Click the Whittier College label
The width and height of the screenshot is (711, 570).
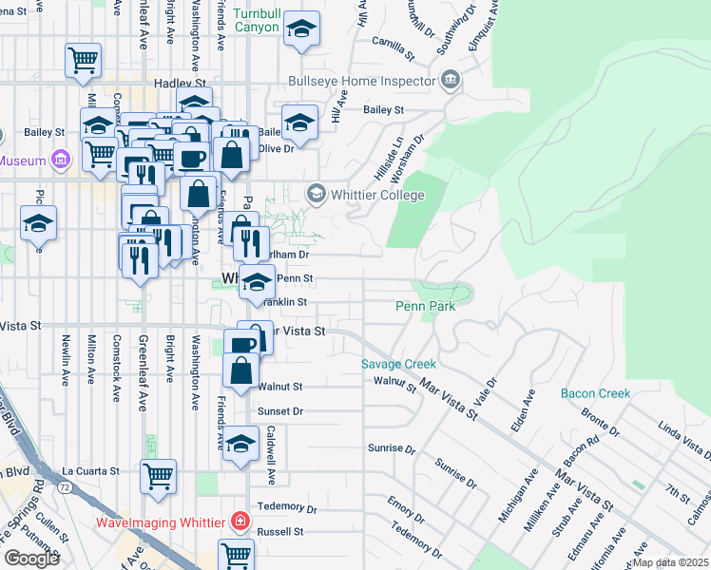[376, 195]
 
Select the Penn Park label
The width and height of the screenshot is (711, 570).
[426, 306]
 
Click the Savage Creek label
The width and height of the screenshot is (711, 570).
[398, 364]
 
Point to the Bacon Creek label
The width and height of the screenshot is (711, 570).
[595, 393]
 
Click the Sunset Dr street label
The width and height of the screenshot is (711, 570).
[279, 411]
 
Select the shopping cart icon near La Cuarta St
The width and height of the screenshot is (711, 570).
[159, 476]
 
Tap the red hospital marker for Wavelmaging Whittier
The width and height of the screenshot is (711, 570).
[239, 522]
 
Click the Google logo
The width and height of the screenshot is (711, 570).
[31, 559]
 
